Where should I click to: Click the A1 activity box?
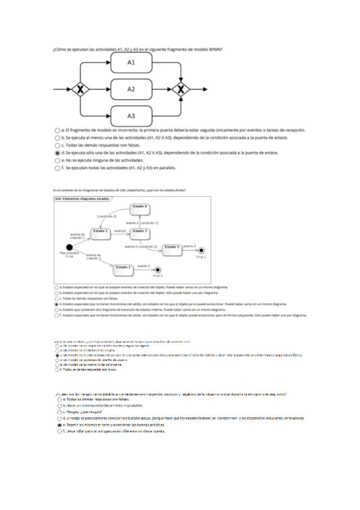tap(131, 63)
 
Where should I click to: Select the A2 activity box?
tap(131, 89)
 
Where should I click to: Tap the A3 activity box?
tap(131, 115)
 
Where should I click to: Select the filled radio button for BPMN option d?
tap(56, 153)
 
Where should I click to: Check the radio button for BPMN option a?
tap(56, 130)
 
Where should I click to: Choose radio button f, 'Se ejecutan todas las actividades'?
tap(56, 169)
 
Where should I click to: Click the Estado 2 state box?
tap(124, 268)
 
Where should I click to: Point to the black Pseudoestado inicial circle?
tap(69, 247)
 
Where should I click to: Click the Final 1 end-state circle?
tap(201, 250)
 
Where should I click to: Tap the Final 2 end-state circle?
tap(157, 270)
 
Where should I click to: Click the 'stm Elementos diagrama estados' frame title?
tap(82, 198)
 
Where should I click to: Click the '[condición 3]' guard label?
tap(106, 216)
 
